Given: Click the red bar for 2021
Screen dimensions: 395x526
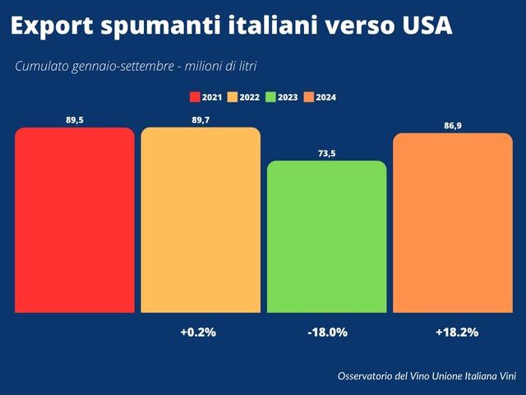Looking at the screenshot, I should click(74, 220).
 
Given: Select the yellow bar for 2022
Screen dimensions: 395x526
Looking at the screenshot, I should click(201, 220).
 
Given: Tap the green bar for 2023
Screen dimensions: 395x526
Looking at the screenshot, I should click(327, 236).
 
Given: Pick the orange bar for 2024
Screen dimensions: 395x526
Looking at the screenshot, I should click(453, 222).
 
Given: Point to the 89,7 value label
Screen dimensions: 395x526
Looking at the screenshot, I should click(201, 119).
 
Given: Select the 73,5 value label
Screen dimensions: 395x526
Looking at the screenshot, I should click(327, 152).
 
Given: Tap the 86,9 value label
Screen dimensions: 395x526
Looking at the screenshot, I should click(453, 125).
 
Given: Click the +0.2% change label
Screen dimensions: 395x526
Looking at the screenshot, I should click(197, 332).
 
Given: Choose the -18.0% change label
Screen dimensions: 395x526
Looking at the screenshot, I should click(326, 332).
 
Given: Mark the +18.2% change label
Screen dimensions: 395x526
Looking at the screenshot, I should click(456, 332).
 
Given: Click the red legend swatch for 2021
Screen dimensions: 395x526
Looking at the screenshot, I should click(195, 97).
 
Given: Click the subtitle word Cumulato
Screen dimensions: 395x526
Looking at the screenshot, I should click(43, 66).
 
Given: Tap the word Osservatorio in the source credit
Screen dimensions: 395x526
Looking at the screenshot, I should click(369, 376).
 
